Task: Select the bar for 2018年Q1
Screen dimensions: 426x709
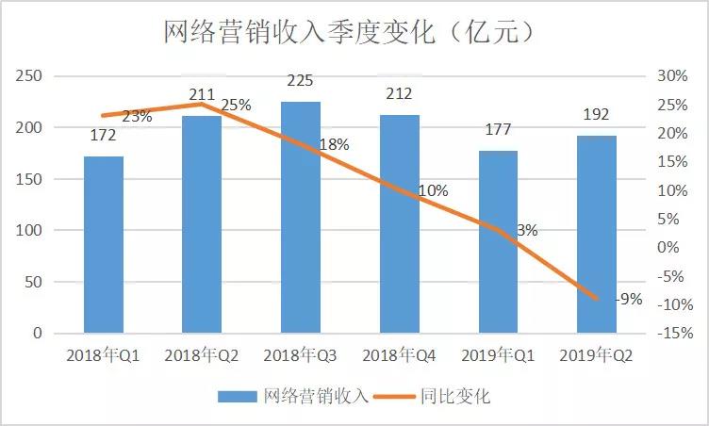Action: [x=103, y=244]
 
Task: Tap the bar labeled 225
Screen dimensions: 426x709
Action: [x=300, y=217]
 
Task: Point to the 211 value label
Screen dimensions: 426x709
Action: [x=202, y=94]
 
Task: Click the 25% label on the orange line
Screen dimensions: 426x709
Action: [x=236, y=106]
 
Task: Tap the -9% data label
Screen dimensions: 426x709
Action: [x=628, y=300]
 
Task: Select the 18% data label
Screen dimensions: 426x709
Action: [x=334, y=145]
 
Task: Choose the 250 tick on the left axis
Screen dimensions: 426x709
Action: [x=31, y=76]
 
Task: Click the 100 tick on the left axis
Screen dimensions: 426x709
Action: [x=31, y=231]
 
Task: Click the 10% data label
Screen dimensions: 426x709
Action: [x=433, y=190]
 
